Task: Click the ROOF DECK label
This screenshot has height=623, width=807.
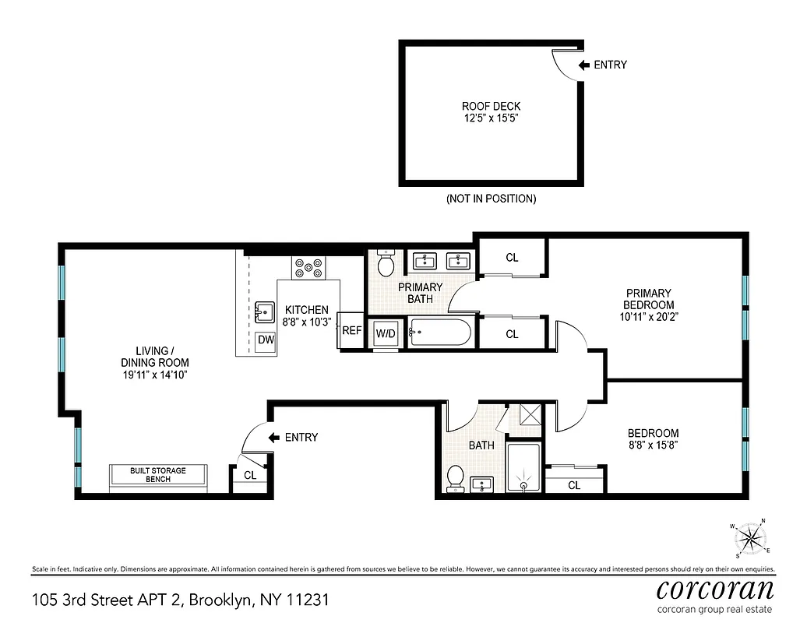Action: pos(491,107)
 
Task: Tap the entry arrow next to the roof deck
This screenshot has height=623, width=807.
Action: pos(583,65)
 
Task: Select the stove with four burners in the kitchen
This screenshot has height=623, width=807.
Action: pos(308,269)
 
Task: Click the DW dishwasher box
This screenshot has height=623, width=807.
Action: pos(265,340)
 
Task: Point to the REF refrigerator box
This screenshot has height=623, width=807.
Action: pos(351,331)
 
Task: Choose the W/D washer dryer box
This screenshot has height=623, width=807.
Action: pos(386,334)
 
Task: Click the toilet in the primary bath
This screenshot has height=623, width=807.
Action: pos(385,265)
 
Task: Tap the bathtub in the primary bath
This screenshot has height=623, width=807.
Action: pos(440,334)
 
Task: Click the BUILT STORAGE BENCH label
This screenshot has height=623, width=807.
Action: pos(158,475)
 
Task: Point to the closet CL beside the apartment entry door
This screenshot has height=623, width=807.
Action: pos(249,476)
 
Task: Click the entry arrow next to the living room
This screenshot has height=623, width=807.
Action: pos(273,438)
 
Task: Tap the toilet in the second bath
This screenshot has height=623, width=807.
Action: pos(456,477)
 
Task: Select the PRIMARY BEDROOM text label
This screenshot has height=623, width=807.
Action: pos(648,299)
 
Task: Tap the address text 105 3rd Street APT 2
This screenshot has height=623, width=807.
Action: pos(108,600)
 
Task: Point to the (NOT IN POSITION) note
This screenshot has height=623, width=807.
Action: pos(491,199)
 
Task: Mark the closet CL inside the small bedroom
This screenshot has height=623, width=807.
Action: pos(574,485)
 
